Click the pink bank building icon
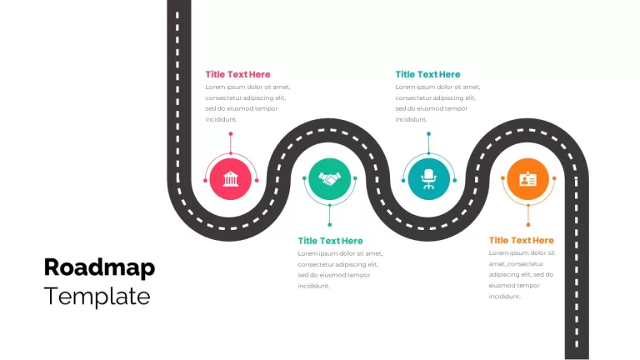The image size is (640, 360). pyautogui.click(x=231, y=179)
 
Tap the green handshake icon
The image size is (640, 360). pyautogui.click(x=329, y=179)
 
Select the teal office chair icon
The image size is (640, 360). pyautogui.click(x=428, y=179)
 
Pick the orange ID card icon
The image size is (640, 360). pyautogui.click(x=527, y=179)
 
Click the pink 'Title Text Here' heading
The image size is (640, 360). pyautogui.click(x=237, y=74)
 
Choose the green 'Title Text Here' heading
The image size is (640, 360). pyautogui.click(x=330, y=241)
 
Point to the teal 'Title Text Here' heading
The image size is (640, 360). pyautogui.click(x=427, y=74)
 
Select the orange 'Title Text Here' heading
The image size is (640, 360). pyautogui.click(x=521, y=240)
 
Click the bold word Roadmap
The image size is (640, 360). pyautogui.click(x=99, y=267)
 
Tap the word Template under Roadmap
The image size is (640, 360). pyautogui.click(x=97, y=297)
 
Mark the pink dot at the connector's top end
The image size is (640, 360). pyautogui.click(x=231, y=134)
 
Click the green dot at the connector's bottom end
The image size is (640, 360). pyautogui.click(x=330, y=224)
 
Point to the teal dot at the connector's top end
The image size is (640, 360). pyautogui.click(x=428, y=134)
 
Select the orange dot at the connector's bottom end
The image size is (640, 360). pyautogui.click(x=528, y=224)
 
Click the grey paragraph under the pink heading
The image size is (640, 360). pyautogui.click(x=247, y=103)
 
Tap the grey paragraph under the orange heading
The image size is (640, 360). pyautogui.click(x=522, y=275)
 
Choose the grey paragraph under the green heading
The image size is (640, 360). pyautogui.click(x=340, y=270)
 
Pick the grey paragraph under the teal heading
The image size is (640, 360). pyautogui.click(x=437, y=103)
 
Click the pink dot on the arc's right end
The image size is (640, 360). pyautogui.click(x=257, y=180)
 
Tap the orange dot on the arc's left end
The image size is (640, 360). pyautogui.click(x=502, y=178)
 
